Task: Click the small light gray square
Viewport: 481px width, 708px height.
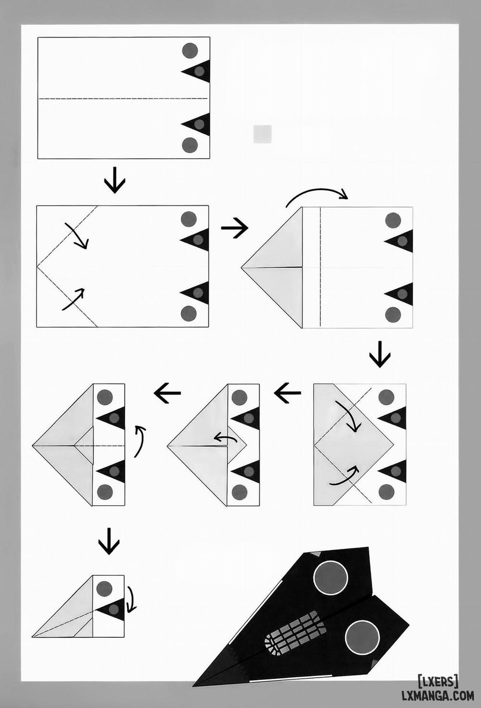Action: point(263,134)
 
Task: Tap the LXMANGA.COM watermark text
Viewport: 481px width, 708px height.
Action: point(438,696)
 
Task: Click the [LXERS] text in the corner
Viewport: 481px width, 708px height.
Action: point(438,681)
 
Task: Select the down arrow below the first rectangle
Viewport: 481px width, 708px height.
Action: point(114,180)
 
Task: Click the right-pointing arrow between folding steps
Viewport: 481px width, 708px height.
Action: point(235,227)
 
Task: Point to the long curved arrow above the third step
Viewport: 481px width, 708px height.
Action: point(316,191)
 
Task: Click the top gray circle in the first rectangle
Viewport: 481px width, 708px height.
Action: point(190,50)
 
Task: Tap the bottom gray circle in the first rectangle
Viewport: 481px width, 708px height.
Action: point(190,145)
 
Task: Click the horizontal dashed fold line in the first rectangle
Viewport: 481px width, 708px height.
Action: point(123,99)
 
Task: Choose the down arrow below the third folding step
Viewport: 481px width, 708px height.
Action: point(380,354)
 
